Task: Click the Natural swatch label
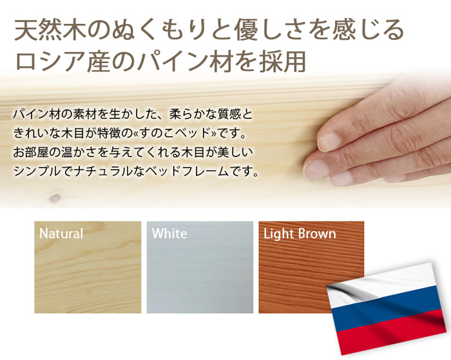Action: point(61,234)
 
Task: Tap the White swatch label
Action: point(169,233)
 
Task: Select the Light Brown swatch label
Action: point(300,234)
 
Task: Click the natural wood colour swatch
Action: point(88,267)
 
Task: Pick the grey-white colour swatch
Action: point(200,267)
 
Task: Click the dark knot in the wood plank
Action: point(55,198)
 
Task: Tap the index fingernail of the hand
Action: point(328,142)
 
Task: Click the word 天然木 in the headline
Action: point(46,30)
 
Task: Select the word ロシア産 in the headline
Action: point(62,62)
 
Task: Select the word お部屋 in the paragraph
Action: point(32,153)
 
